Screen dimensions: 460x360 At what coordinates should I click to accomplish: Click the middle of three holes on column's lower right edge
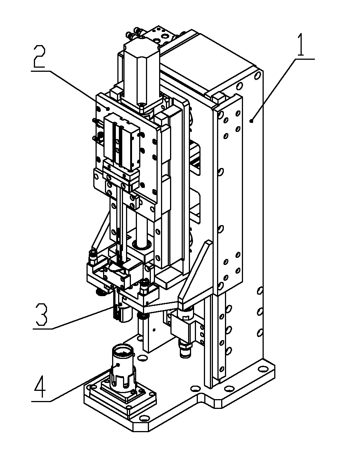pyautogui.click(x=259, y=312)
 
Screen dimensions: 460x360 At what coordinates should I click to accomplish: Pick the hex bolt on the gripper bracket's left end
pyautogui.click(x=92, y=259)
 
